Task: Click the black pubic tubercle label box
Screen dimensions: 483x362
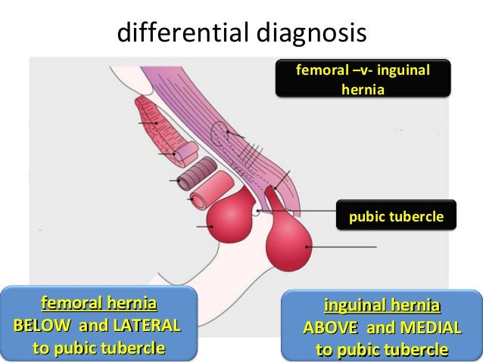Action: coord(397,218)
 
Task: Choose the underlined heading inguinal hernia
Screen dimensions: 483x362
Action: coord(382,307)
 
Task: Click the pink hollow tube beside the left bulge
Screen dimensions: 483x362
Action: coord(209,194)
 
